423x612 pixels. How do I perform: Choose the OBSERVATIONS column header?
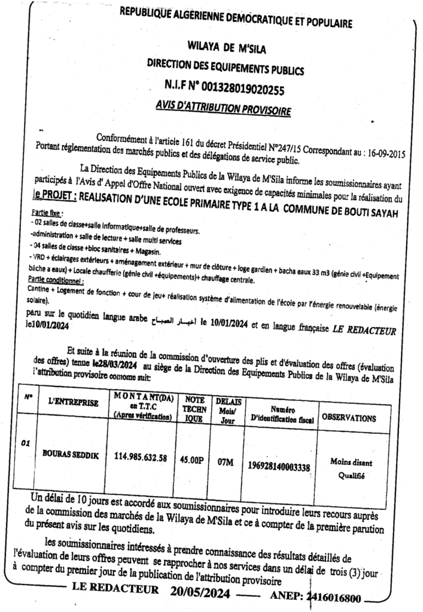(x=349, y=418)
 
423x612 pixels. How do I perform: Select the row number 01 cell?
(x=25, y=443)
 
